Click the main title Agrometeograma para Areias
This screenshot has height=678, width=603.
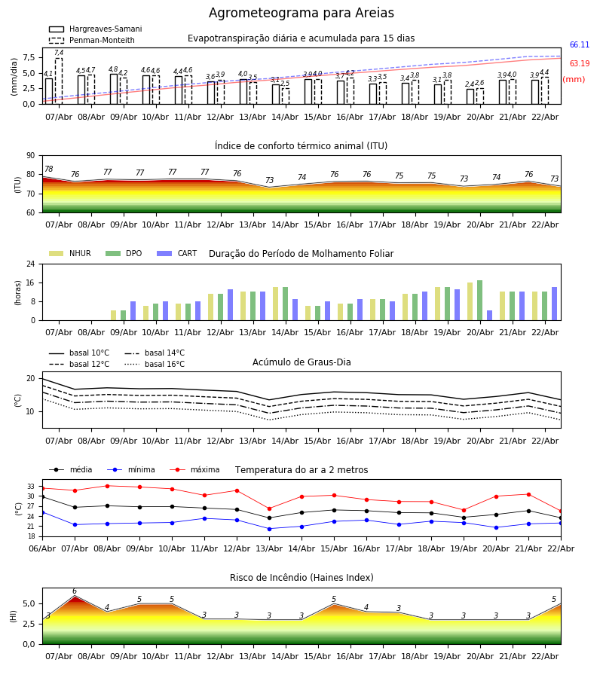pos(301,14)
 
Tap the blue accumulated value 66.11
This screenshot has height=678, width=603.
pos(579,45)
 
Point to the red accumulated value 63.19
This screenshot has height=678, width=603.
pos(579,64)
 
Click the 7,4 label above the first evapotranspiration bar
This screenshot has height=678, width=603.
pos(59,53)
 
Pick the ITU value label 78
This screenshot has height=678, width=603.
pos(48,169)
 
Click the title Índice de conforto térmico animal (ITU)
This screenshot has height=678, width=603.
pos(301,146)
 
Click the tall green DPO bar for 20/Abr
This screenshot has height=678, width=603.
pos(479,300)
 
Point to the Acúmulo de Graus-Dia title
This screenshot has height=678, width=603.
pos(301,362)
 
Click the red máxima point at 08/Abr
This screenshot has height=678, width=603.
pos(107,486)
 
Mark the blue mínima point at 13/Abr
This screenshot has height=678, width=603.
pos(269,529)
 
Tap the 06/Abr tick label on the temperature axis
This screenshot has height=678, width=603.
pos(42,548)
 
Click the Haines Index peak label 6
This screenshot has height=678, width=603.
pos(74,591)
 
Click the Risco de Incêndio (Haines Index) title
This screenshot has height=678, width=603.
pos(301,578)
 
